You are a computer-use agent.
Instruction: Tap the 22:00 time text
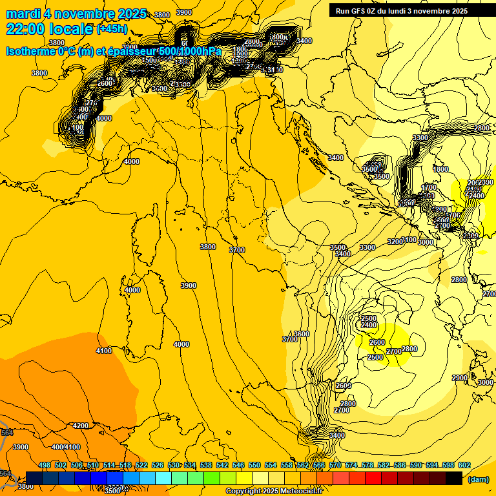(25, 29)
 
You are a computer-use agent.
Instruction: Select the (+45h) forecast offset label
(112, 29)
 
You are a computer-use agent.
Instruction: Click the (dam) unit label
(478, 479)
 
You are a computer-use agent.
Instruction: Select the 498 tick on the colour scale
(45, 465)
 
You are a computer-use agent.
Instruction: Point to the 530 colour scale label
(174, 465)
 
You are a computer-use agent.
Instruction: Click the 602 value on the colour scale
(464, 465)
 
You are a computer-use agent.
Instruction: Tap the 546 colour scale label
(238, 465)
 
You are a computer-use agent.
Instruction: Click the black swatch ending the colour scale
(454, 478)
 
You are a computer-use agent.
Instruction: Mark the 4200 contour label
(81, 426)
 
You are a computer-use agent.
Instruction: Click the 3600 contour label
(302, 334)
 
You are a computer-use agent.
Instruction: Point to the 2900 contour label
(459, 378)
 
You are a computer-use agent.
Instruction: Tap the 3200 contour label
(395, 242)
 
